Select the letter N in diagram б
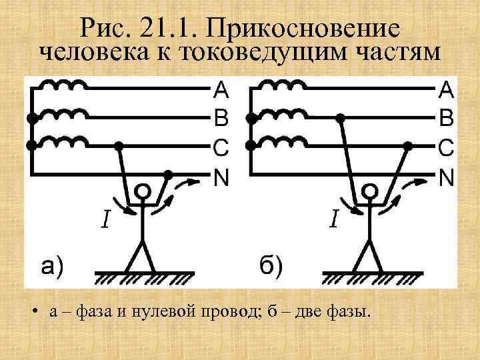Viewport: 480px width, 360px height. point(446,177)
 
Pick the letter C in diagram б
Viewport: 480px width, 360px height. point(446,147)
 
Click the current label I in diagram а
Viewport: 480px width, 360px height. point(106,218)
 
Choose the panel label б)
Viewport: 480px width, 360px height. point(269,267)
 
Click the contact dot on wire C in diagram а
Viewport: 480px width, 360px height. point(119,145)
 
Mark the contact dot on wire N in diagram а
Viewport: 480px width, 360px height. point(169,175)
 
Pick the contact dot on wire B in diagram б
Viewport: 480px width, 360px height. point(340,117)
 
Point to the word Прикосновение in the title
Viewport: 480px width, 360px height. point(303,29)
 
